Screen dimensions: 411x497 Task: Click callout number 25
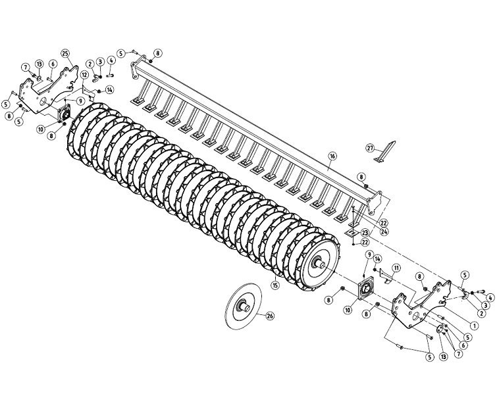point(65,53)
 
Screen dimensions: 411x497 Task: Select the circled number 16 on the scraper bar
point(332,156)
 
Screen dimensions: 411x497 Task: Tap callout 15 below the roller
point(275,285)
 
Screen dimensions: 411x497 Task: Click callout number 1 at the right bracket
point(474,324)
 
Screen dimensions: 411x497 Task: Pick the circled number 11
point(396,268)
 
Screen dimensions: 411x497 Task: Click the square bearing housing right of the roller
point(363,289)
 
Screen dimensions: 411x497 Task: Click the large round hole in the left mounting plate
point(43,103)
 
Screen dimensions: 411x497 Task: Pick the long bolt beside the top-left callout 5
point(136,51)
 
